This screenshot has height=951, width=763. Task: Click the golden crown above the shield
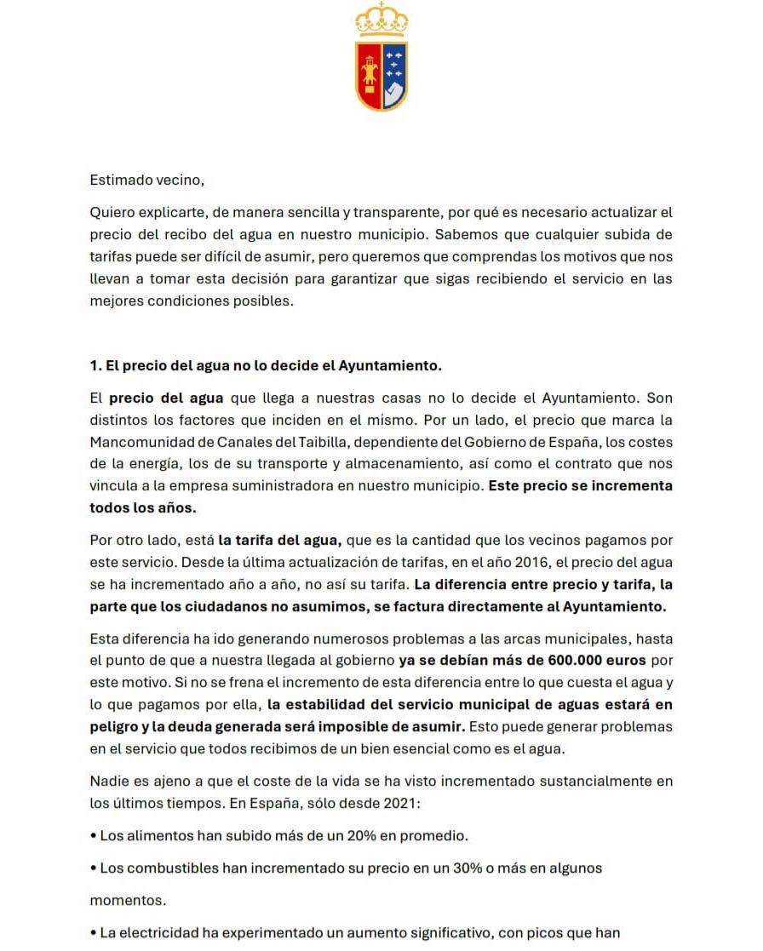(x=381, y=20)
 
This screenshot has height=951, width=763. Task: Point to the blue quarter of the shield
(x=393, y=61)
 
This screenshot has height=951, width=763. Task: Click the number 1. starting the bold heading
(x=95, y=366)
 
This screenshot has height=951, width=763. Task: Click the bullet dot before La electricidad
(x=93, y=933)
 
